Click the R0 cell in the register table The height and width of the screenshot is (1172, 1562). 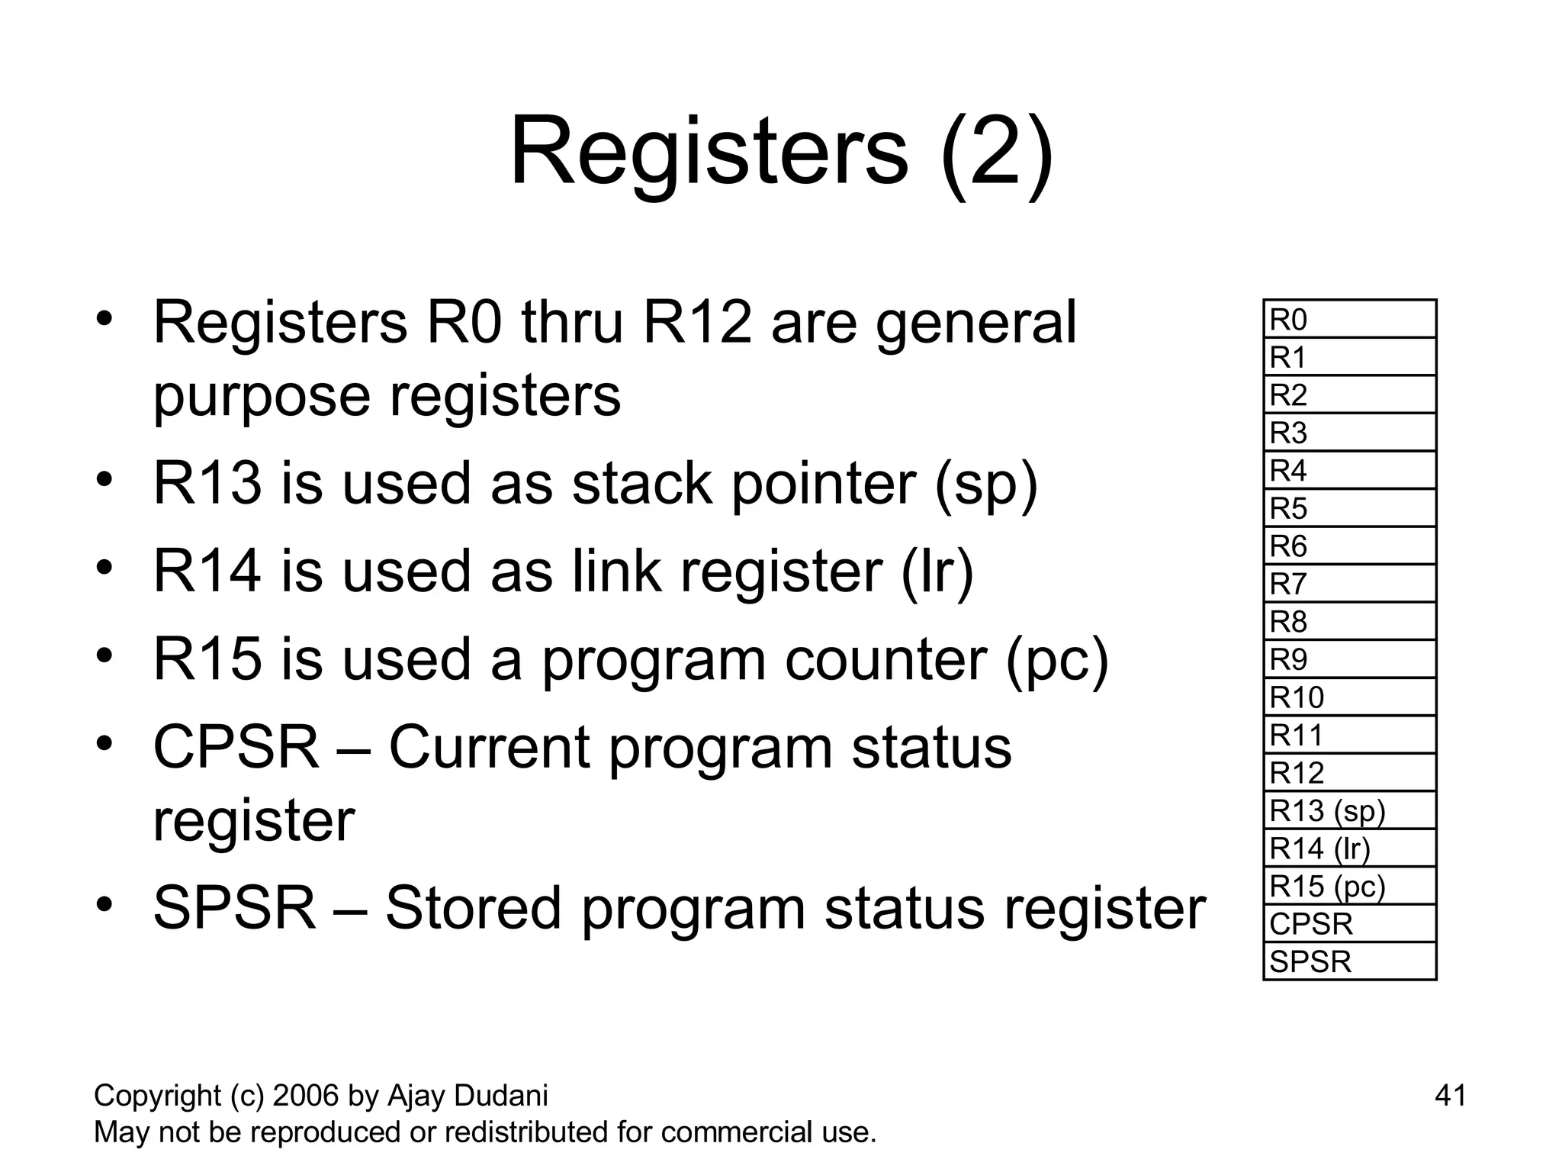[1349, 320]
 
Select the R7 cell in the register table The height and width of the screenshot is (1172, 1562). [1349, 584]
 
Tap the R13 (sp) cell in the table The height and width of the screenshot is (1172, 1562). [1349, 810]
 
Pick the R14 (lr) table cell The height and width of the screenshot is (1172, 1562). [1349, 848]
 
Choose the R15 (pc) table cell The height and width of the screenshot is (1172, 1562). [1349, 886]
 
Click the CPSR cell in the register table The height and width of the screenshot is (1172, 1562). [1349, 924]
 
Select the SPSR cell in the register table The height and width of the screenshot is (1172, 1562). [1349, 961]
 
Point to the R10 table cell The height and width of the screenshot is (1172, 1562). [1349, 697]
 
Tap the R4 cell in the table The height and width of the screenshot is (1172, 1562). [1349, 470]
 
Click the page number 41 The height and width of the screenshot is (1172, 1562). [1450, 1096]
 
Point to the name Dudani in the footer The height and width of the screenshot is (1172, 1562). [500, 1096]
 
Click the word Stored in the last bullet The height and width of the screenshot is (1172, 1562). [472, 908]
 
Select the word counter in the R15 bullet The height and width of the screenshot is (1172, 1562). [885, 659]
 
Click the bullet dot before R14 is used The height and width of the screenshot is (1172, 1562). [104, 567]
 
